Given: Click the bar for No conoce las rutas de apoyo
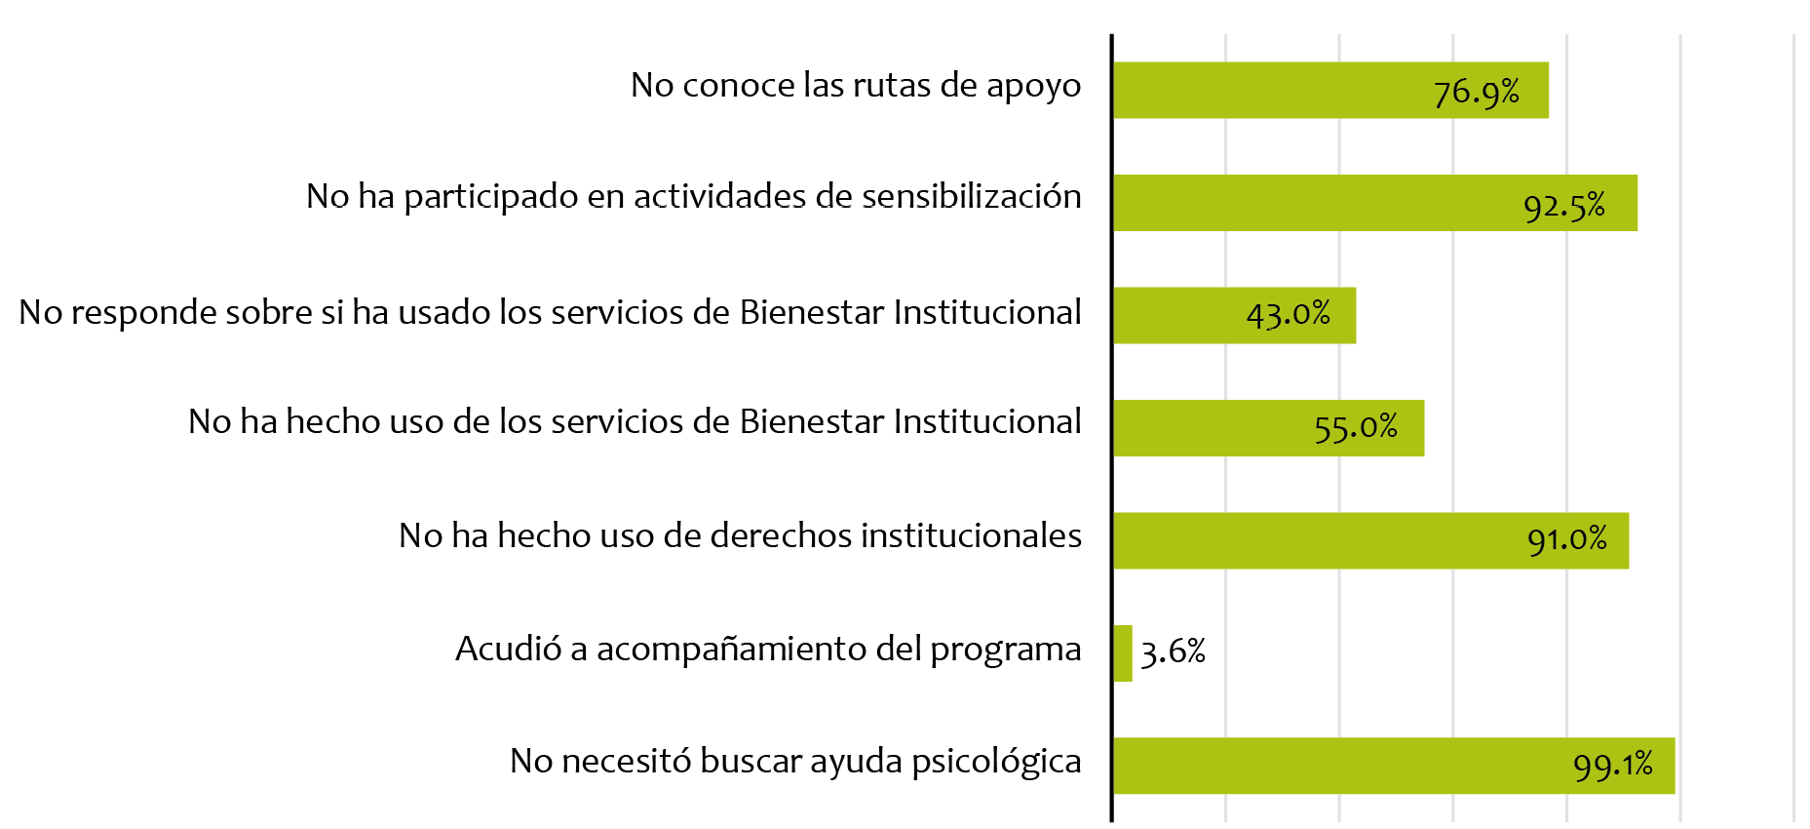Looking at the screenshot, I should (x=1267, y=90).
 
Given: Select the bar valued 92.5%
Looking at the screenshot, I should (x=1316, y=203).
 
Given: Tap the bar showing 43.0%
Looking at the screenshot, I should (x=1179, y=315).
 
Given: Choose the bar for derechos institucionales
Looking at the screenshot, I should (x=1316, y=540).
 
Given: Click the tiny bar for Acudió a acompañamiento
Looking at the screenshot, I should (x=1123, y=653).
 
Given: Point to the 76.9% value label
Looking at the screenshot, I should (x=1476, y=93).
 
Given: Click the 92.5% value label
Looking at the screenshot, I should (x=1563, y=206).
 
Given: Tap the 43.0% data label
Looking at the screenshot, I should (x=1288, y=314).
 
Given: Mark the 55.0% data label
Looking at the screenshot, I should (x=1355, y=428).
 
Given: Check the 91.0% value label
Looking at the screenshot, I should (x=1566, y=539).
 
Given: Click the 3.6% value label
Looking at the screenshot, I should (x=1173, y=651).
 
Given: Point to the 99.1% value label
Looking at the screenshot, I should (x=1612, y=765).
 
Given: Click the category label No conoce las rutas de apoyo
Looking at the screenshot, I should (x=855, y=86).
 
